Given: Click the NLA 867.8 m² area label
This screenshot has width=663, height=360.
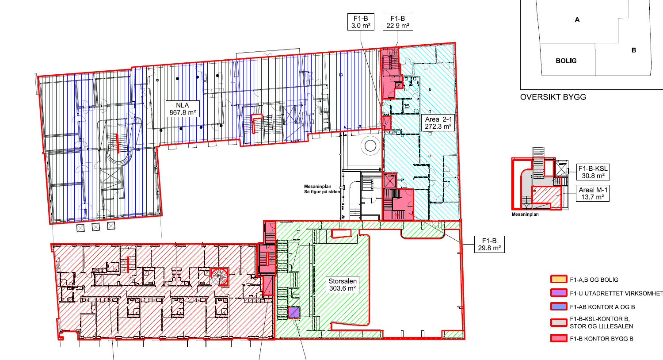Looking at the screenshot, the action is [x=183, y=109].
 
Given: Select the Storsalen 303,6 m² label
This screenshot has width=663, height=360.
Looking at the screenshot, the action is [x=343, y=284].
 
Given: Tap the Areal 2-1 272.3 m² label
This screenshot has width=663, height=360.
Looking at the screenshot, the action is [x=438, y=123].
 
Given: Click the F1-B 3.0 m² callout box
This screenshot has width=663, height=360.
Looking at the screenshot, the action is [x=361, y=22].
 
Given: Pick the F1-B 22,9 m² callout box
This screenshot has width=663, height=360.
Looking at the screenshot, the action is [x=398, y=22].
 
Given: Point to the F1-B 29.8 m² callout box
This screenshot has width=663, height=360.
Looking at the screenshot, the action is [x=489, y=244].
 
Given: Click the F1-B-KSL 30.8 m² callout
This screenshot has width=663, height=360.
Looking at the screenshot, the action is [x=593, y=172].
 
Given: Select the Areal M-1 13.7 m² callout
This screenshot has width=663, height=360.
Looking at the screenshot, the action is [x=593, y=193].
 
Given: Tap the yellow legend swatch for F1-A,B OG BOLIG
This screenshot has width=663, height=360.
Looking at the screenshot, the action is [x=559, y=279].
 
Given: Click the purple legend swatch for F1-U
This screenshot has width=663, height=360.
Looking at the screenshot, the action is [x=559, y=293].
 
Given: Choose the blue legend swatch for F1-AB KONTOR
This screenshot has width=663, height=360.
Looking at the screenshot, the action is [x=559, y=306].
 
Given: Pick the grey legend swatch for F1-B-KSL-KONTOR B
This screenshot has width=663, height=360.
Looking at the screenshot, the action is [x=559, y=322].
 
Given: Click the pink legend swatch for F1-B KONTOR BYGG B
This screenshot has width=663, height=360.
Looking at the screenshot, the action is [x=559, y=338].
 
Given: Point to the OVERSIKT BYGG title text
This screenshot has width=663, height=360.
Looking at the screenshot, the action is [x=553, y=97].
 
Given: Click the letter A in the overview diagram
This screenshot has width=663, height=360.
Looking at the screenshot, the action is [x=577, y=19].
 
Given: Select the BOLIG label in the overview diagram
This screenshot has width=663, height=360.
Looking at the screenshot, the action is [x=566, y=61].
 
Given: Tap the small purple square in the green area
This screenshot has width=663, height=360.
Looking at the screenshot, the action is [x=294, y=313].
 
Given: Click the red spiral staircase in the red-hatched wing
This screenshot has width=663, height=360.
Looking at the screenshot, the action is [x=220, y=276].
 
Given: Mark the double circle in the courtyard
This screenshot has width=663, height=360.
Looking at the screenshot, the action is [x=370, y=146].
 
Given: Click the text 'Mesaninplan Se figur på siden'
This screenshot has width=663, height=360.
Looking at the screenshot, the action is [x=322, y=189].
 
